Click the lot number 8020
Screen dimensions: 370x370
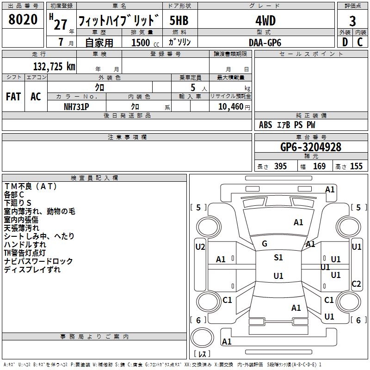pyautogui.click(x=23, y=20)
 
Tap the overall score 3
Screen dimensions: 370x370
pyautogui.click(x=352, y=21)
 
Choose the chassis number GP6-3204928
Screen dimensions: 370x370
pyautogui.click(x=311, y=147)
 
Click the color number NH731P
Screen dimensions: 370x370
pyautogui.click(x=76, y=107)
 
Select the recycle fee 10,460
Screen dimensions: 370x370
pyautogui.click(x=230, y=107)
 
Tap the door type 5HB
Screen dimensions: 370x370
pyautogui.click(x=179, y=21)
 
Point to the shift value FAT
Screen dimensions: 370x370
pyautogui.click(x=13, y=97)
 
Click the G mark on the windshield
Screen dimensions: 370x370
pyautogui.click(x=265, y=244)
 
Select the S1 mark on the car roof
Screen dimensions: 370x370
pyautogui.click(x=278, y=258)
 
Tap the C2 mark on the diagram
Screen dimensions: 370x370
pyautogui.click(x=356, y=284)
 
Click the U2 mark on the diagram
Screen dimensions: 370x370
pyautogui.click(x=200, y=247)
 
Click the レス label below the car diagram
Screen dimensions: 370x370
pyautogui.click(x=202, y=355)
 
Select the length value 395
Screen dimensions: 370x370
pyautogui.click(x=279, y=166)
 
